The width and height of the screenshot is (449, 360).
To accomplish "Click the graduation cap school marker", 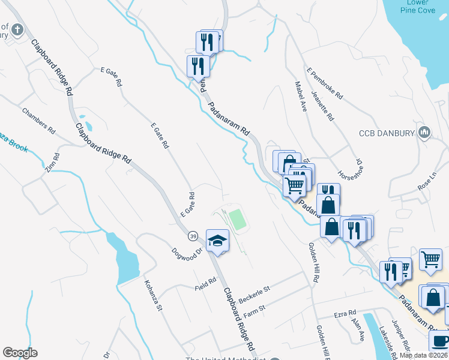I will pyautogui.click(x=217, y=241).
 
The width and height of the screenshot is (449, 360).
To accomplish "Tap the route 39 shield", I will pyautogui.click(x=193, y=236).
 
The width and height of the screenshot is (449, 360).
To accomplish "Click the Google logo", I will pyautogui.click(x=20, y=353).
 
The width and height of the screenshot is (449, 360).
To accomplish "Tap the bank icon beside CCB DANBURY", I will pyautogui.click(x=425, y=132).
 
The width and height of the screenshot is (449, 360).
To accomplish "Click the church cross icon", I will pyautogui.click(x=17, y=29).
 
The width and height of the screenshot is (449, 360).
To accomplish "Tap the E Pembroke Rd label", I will pyautogui.click(x=324, y=83).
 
